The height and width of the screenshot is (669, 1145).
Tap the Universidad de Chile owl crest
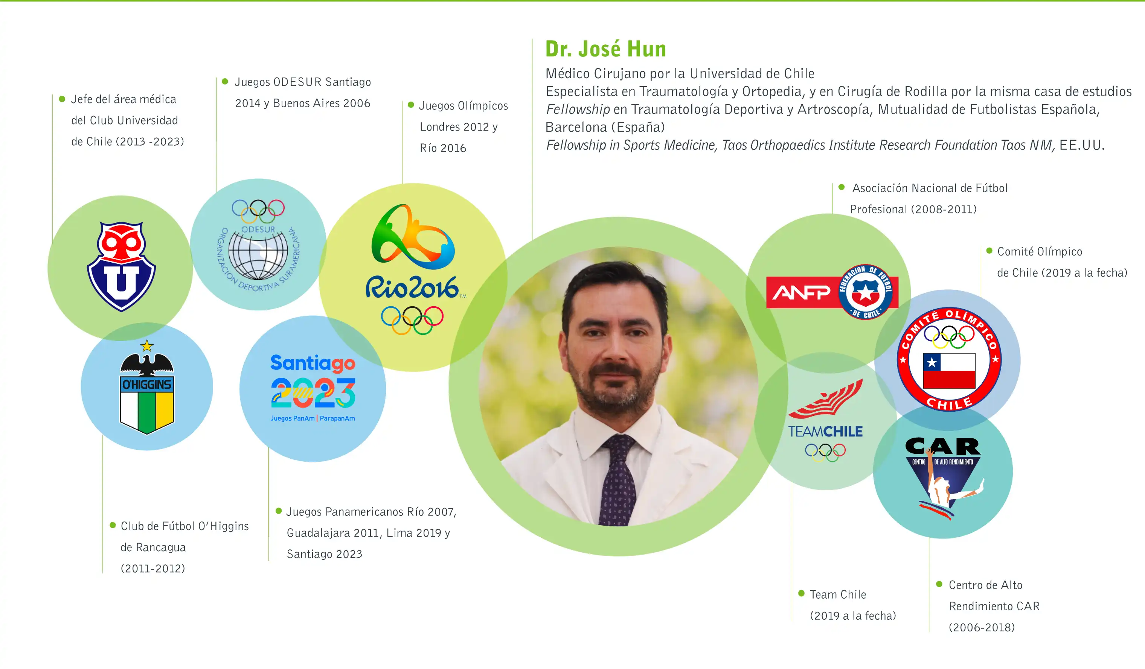pos(121,267)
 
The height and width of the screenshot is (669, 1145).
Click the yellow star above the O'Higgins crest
pos(147,346)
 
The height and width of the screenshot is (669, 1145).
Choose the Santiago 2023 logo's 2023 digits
pos(313,393)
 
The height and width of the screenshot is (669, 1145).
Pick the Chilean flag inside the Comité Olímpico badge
pos(949,371)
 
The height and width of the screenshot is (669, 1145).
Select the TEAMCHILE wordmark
pos(825,432)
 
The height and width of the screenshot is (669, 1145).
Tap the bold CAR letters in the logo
pos(943,447)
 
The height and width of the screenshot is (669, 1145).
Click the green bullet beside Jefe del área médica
pos(62,99)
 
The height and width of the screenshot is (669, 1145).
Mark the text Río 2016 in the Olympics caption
pos(443,149)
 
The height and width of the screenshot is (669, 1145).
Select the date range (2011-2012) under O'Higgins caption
pos(152,569)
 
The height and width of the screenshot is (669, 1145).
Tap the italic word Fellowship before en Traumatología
pos(578,109)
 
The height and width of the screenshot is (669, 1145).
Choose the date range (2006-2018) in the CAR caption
pos(982,628)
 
